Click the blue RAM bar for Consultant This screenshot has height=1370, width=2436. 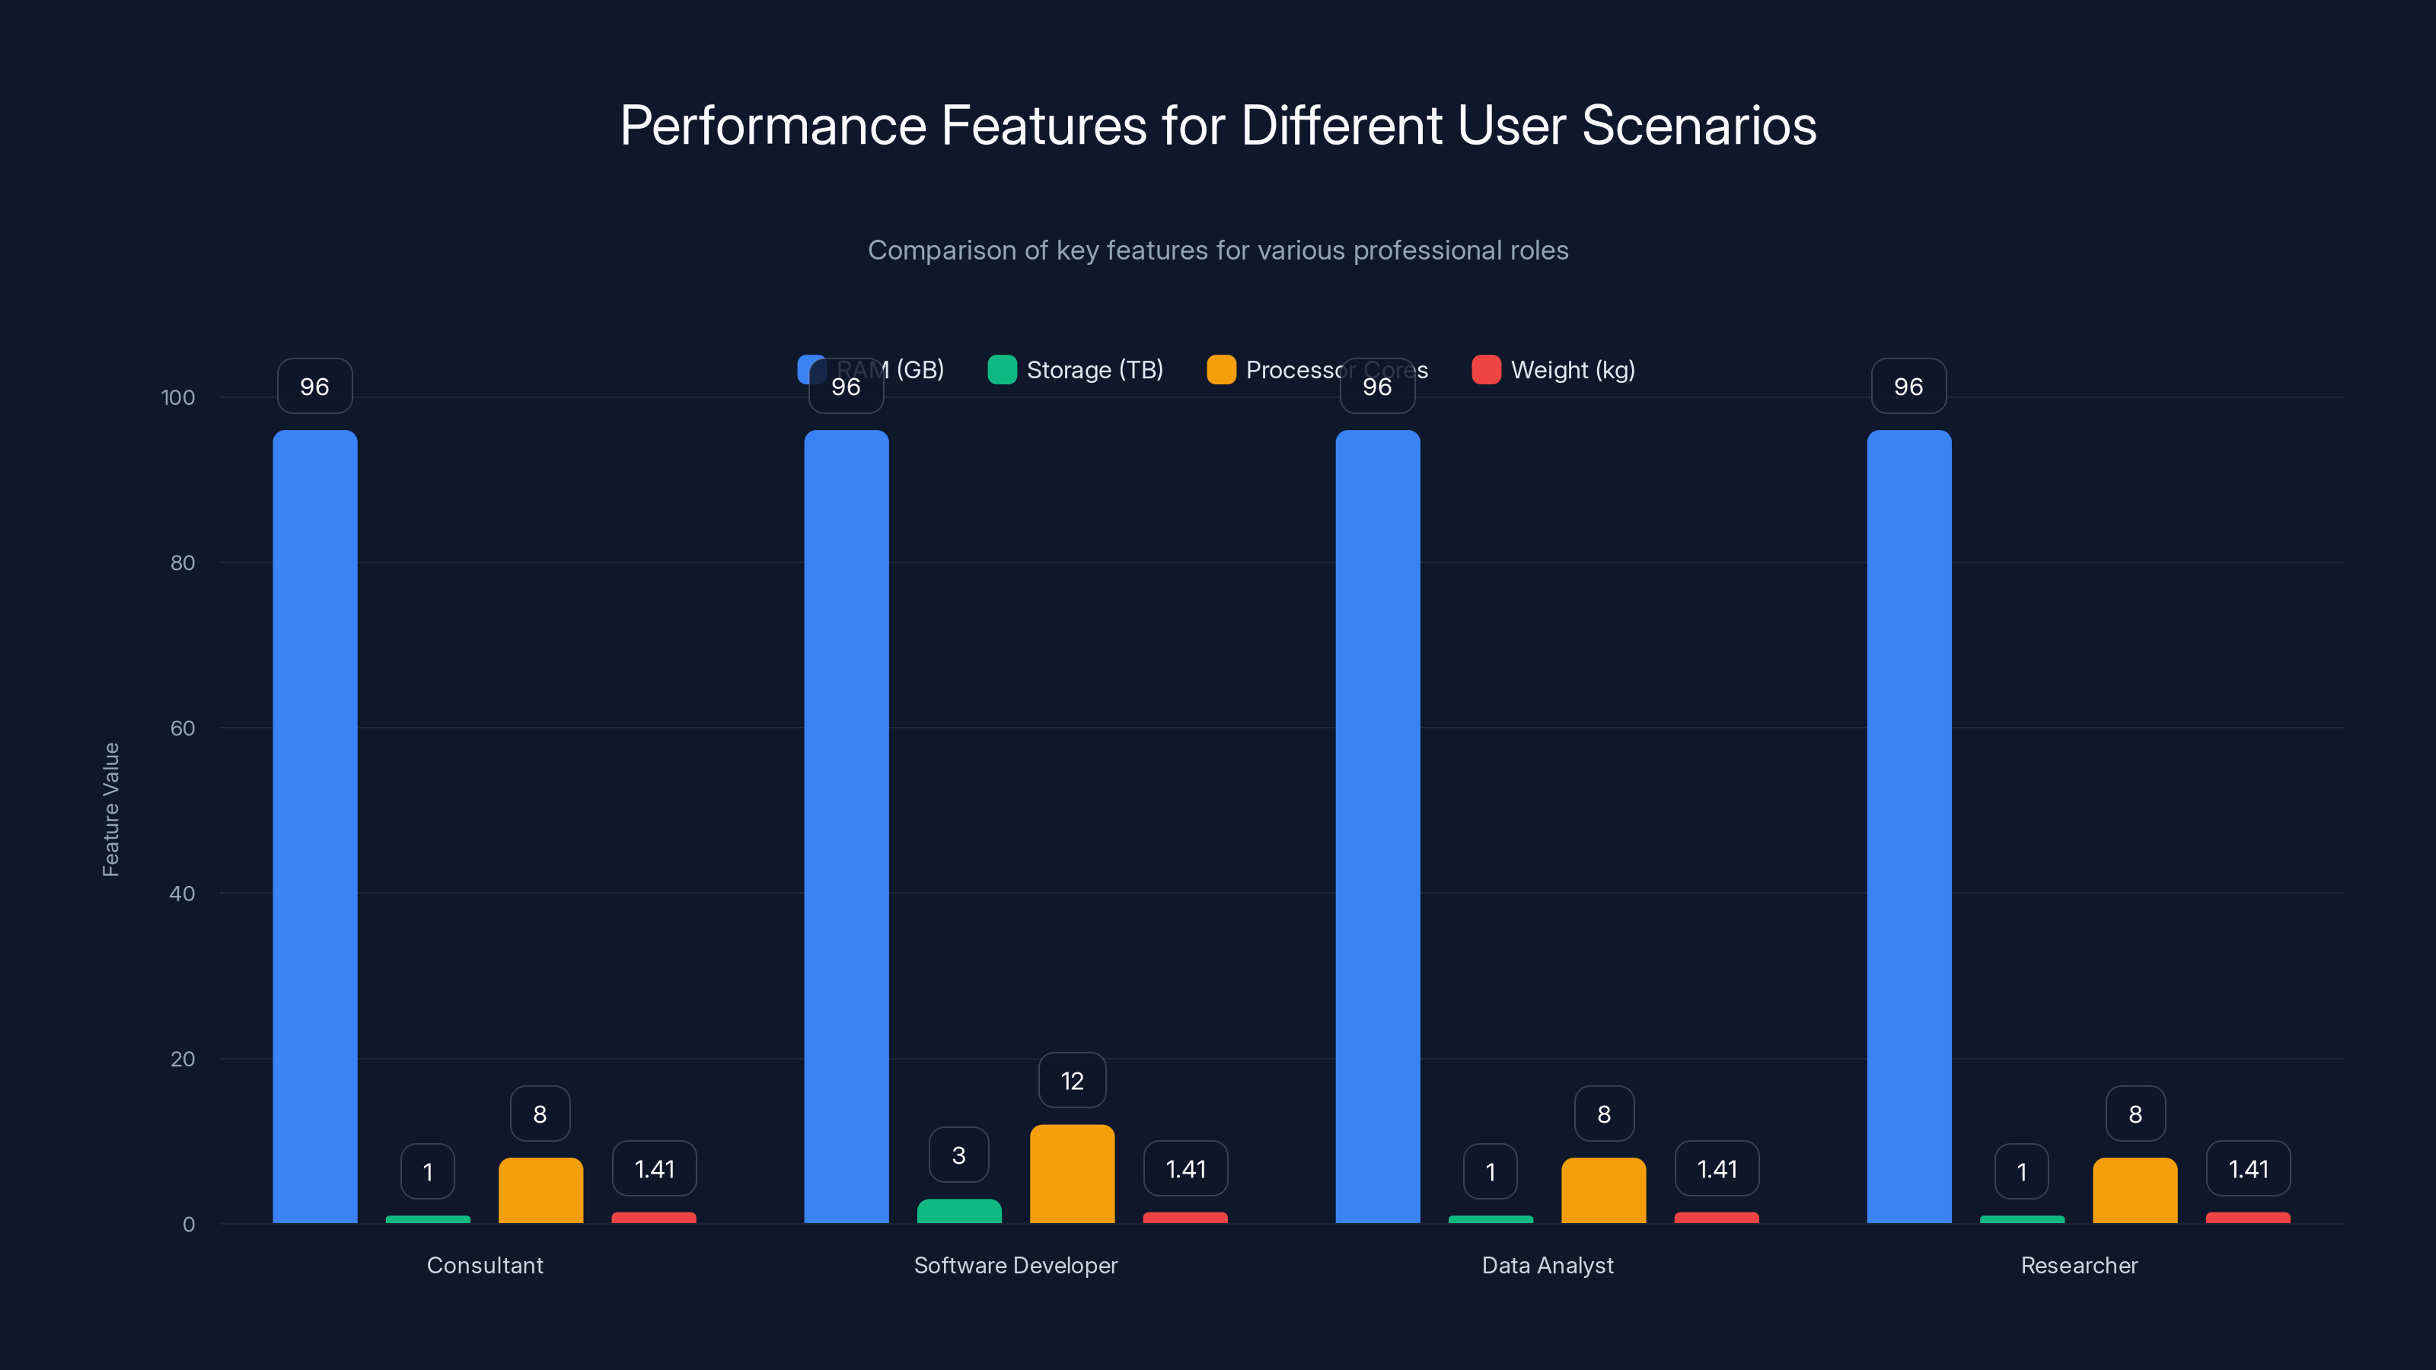(x=315, y=827)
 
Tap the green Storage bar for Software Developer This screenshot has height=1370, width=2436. (x=959, y=1211)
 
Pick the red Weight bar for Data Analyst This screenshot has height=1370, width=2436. (x=1717, y=1218)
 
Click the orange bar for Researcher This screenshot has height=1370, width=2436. (x=2135, y=1190)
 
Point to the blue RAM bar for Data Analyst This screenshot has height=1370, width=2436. (x=1377, y=827)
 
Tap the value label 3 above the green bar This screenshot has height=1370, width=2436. (x=959, y=1155)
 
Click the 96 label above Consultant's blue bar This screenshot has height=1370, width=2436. (x=315, y=386)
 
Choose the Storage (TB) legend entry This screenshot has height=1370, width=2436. (x=1076, y=370)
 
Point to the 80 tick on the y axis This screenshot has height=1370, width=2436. (x=183, y=562)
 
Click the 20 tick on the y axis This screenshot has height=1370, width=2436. (x=183, y=1059)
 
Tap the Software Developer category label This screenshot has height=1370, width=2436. (x=1016, y=1265)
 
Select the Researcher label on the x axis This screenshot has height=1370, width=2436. (x=2078, y=1265)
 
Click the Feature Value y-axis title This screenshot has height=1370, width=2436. (x=110, y=809)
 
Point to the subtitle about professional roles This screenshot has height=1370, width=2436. (x=1218, y=250)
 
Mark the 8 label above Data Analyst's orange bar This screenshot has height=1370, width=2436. (x=1604, y=1114)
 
